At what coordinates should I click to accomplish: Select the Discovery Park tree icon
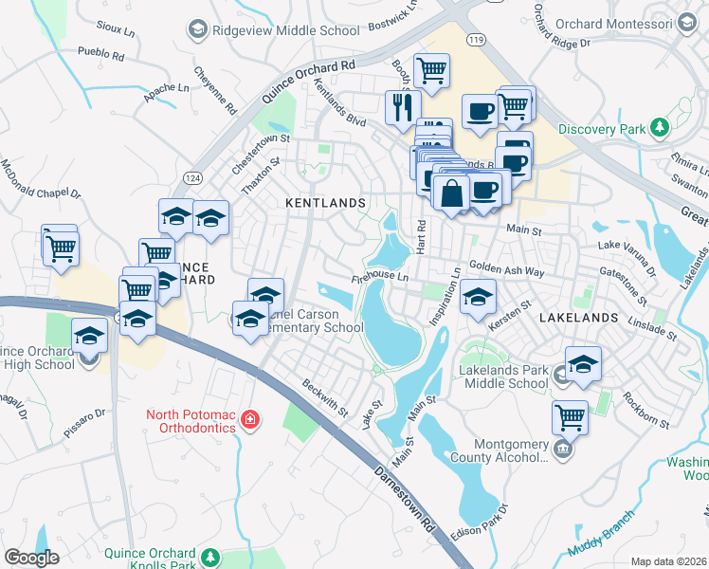(656, 128)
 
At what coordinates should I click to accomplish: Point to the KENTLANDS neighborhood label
(325, 203)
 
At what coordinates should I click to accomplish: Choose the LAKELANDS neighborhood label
(578, 318)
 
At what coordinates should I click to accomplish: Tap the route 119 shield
(476, 40)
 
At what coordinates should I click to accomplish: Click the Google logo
(32, 558)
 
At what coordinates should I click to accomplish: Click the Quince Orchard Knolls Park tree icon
(212, 556)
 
